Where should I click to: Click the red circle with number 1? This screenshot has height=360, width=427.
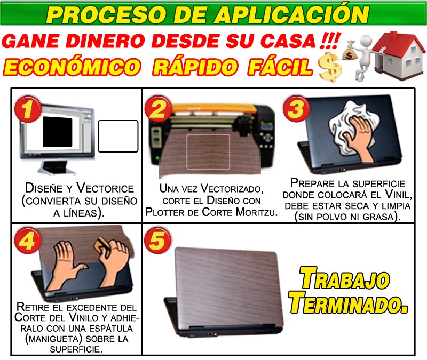pyautogui.click(x=27, y=109)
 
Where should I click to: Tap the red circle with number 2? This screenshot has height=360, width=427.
pyautogui.click(x=157, y=109)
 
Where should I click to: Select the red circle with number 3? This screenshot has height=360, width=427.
pyautogui.click(x=296, y=109)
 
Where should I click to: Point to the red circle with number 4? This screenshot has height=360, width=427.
pyautogui.click(x=27, y=240)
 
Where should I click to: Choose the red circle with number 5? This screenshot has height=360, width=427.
pyautogui.click(x=157, y=240)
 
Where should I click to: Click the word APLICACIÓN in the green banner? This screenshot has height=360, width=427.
pyautogui.click(x=291, y=14)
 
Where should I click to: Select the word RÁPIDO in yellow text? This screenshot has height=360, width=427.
pyautogui.click(x=194, y=67)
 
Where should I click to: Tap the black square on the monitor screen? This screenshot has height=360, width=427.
pyautogui.click(x=58, y=132)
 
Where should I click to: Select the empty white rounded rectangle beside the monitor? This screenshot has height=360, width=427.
pyautogui.click(x=118, y=136)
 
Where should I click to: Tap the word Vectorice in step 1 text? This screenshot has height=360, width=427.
pyautogui.click(x=105, y=188)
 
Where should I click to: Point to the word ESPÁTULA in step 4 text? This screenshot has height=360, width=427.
pyautogui.click(x=111, y=328)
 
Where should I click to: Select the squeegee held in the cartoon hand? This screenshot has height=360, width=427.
pyautogui.click(x=100, y=244)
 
